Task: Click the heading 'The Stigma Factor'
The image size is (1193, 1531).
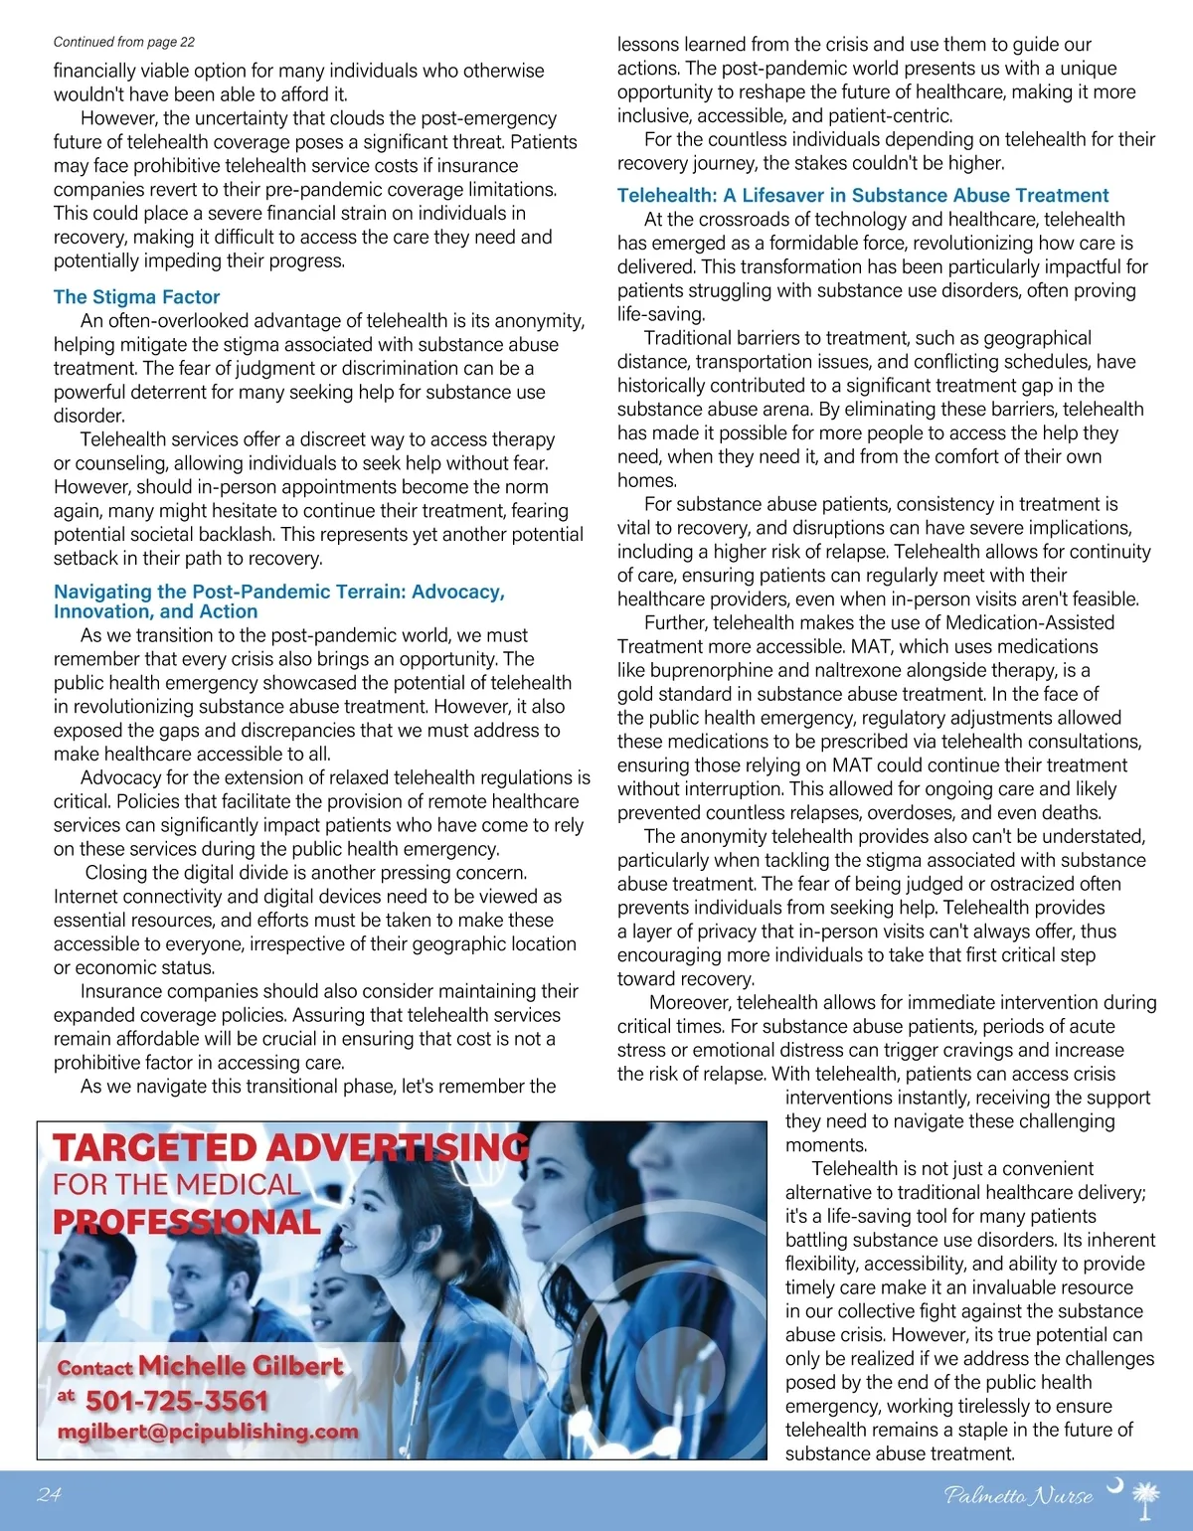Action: click(136, 297)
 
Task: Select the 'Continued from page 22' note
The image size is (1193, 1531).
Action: click(123, 42)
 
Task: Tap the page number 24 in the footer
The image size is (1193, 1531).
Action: click(49, 1494)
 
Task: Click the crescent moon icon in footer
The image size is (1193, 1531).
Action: click(1115, 1486)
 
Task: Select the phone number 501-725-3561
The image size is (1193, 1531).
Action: click(177, 1401)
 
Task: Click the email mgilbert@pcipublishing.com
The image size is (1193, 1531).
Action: click(208, 1432)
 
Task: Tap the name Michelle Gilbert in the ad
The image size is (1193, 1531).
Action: click(241, 1366)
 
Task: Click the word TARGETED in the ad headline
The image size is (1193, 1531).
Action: click(155, 1148)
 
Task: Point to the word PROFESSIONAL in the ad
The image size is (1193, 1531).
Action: click(186, 1222)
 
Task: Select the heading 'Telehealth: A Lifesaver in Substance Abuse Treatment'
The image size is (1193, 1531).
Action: click(862, 196)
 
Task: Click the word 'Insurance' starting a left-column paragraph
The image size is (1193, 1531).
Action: click(121, 991)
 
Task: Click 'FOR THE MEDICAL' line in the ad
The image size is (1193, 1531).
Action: click(176, 1185)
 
